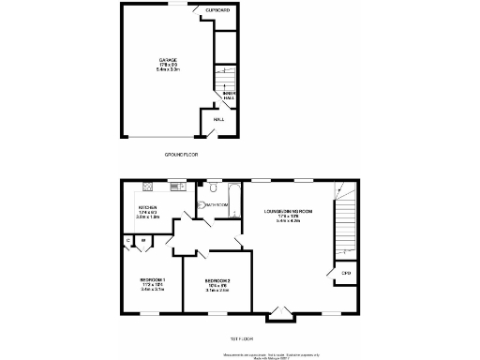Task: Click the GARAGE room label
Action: (167, 59)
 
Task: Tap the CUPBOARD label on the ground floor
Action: (217, 9)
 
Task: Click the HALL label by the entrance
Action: (218, 119)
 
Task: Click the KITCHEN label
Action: (148, 208)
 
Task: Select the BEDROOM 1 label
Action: (153, 280)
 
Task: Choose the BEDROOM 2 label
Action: (217, 282)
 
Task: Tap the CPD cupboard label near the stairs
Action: (346, 273)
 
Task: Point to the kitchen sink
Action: (172, 185)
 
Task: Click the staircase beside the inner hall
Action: (225, 78)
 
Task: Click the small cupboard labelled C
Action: (128, 240)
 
